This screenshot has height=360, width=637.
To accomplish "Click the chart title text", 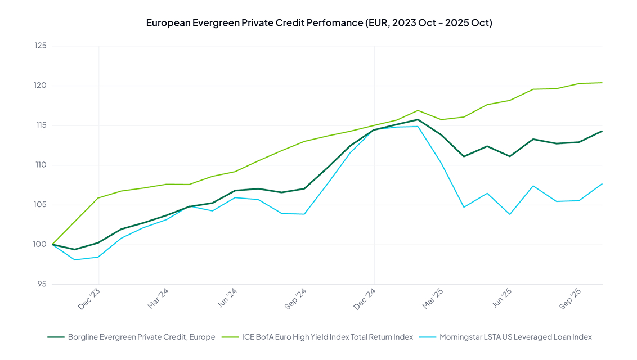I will click(x=318, y=23).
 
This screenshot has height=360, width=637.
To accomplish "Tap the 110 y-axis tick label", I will click(x=39, y=165).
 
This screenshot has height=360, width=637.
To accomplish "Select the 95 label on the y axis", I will click(x=41, y=285).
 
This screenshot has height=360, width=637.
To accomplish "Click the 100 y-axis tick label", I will click(x=39, y=245).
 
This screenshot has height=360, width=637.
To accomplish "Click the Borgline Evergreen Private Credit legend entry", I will click(x=141, y=337).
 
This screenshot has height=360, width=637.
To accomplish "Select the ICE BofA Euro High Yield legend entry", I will click(x=327, y=337).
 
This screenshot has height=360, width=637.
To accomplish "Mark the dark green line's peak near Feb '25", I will click(x=418, y=119).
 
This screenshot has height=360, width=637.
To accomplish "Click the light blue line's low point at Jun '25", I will click(x=510, y=214).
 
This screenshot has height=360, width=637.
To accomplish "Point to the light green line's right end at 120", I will click(x=602, y=83).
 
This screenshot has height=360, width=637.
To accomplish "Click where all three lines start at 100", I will click(x=52, y=245).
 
